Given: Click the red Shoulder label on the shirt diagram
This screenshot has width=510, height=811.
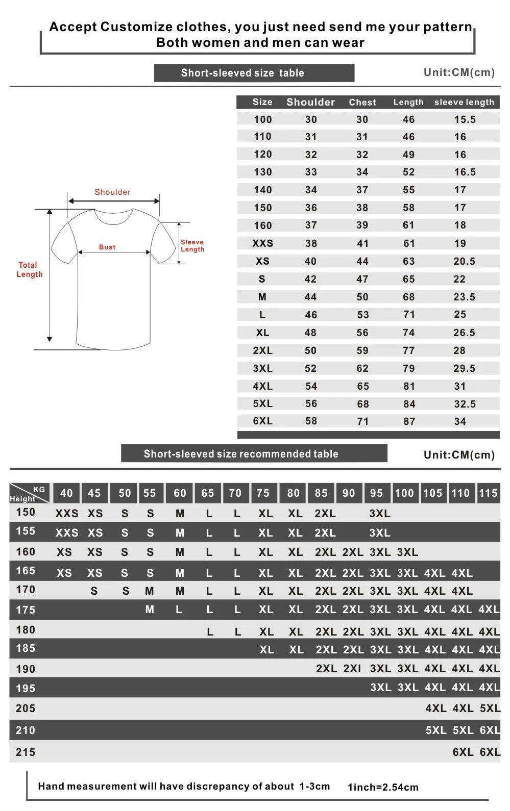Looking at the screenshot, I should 112,192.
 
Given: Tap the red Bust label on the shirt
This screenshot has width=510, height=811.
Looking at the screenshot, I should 107,247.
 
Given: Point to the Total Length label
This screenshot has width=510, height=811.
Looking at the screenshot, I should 30,270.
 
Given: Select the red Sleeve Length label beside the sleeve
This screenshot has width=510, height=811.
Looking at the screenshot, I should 192,246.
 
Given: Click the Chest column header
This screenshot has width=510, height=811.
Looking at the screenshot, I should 362,103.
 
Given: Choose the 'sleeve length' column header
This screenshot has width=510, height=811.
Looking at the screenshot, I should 464,103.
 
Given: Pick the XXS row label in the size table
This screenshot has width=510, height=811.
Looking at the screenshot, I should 263,243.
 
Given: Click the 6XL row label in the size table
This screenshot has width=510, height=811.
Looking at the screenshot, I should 263,421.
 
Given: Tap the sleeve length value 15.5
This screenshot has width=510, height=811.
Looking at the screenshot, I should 465,119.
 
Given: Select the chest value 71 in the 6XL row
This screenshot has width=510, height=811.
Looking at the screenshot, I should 363,421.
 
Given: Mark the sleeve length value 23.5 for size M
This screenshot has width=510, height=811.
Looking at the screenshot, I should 464,297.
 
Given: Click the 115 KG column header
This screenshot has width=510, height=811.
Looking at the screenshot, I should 488,493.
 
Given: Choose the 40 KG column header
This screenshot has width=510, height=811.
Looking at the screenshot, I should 66,493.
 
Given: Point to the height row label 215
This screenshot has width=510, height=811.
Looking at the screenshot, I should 26,752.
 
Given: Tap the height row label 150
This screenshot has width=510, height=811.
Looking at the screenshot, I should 26,512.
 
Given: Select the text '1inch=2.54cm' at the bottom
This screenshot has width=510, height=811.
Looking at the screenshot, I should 383,787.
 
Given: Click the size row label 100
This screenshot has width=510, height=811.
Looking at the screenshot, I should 263,119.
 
